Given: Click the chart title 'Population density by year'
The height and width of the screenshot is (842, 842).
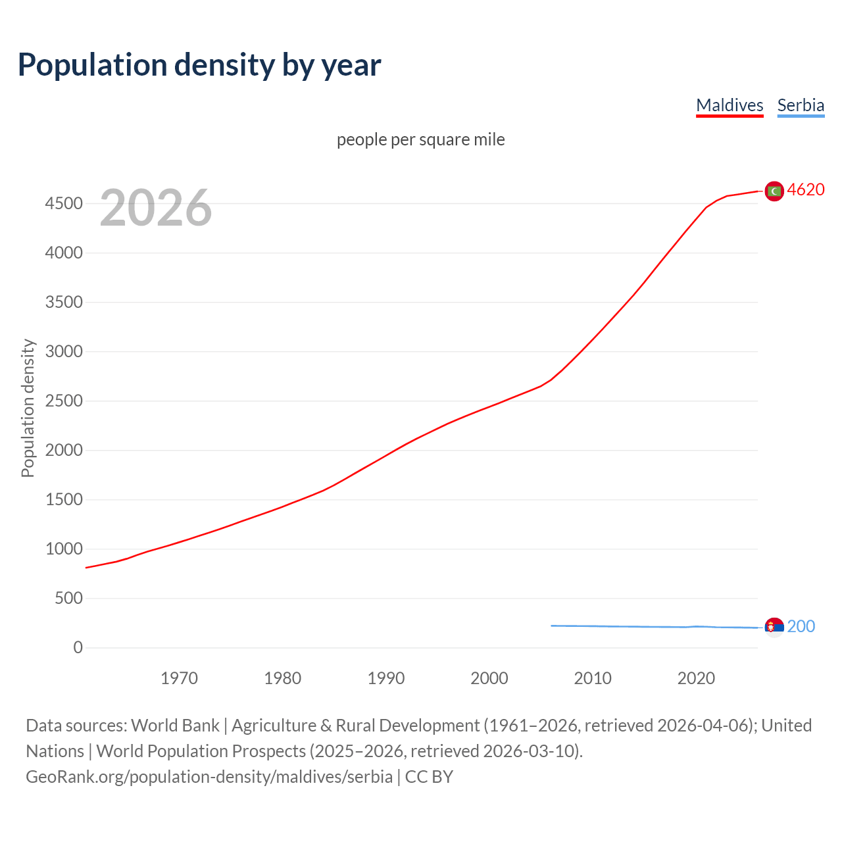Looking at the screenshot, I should point(199,65).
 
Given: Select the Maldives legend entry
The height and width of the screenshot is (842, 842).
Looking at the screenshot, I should point(730,105).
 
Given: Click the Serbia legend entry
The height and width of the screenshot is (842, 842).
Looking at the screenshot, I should point(801,105).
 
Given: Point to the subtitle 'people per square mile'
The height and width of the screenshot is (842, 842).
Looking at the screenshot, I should point(420,139).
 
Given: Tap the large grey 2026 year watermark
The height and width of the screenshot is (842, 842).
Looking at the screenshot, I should point(156,208).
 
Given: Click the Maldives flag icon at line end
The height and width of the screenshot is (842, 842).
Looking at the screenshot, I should point(774,191).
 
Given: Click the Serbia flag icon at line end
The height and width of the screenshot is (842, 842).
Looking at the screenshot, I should point(774,627).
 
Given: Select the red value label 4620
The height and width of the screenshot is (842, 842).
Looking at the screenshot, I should point(806,189).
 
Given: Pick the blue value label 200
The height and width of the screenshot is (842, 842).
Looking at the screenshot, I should point(801,626).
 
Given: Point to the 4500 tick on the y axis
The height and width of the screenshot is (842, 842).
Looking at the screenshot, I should point(64,204).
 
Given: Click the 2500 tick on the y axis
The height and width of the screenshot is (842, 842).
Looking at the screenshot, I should point(64,401).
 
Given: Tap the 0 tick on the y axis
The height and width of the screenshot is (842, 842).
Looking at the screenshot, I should point(78,648).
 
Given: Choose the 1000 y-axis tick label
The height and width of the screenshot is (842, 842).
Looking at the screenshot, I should point(64,549).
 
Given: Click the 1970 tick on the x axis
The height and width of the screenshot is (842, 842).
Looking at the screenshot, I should point(179,678).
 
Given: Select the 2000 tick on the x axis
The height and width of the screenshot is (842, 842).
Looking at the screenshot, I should point(489,678).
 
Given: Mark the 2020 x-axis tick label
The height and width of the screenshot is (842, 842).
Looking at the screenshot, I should point(696,678).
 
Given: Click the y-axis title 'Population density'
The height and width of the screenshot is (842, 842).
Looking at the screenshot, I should point(28,408).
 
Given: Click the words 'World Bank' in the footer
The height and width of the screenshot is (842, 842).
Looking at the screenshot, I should point(175,726).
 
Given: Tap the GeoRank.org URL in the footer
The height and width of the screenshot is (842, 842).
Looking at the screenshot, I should point(209,777).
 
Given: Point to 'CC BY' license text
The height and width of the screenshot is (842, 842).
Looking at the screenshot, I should point(429,777).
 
